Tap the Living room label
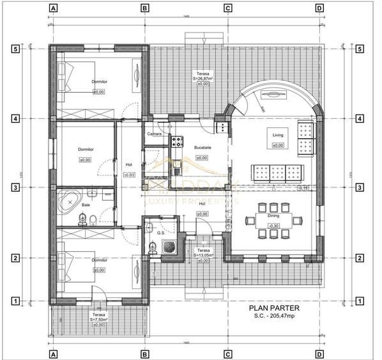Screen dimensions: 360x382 coord(277,136)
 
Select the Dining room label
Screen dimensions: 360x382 coord(273,216)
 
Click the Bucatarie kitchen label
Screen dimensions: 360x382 coord(202,148)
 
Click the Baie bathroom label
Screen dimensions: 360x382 coord(86,205)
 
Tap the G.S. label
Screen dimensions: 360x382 coord(160,233)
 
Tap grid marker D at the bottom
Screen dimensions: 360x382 coord(319,353)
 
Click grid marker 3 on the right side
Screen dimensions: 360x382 coord(360,188)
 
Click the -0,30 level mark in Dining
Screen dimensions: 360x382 coord(273,226)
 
